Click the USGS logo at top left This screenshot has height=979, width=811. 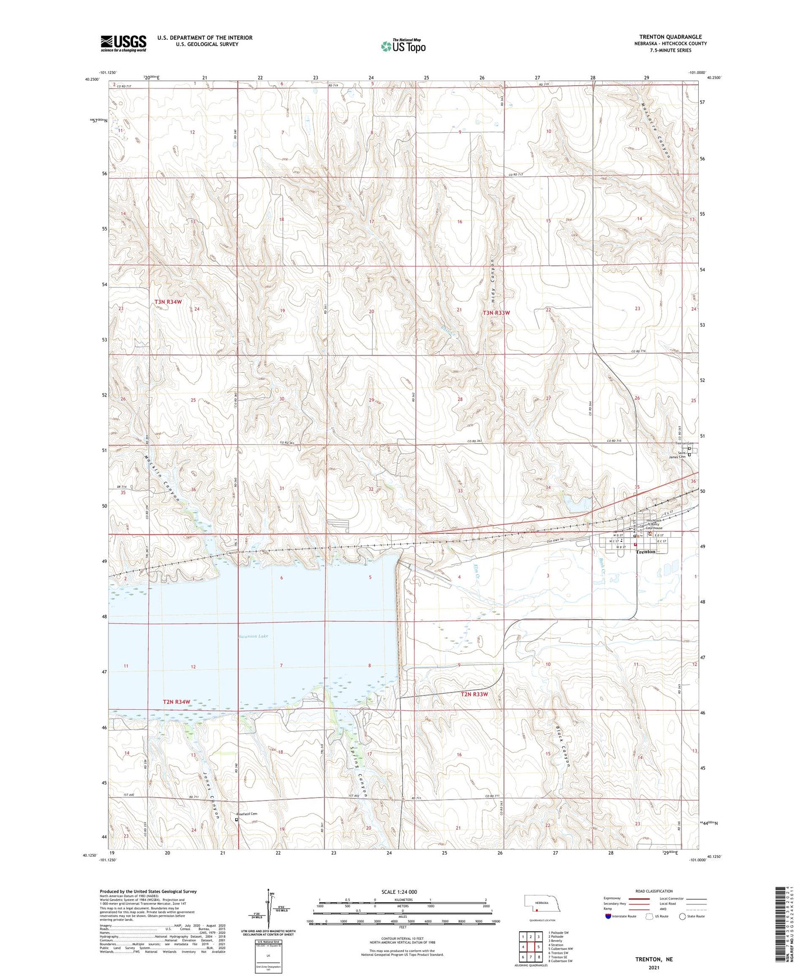[123, 43]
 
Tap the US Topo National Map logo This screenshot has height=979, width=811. [403, 46]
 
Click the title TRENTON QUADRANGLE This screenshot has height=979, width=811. [670, 37]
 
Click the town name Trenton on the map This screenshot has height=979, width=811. [645, 552]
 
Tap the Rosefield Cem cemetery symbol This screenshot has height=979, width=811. [236, 819]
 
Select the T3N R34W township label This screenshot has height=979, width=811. [168, 302]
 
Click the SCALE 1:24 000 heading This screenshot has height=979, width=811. [398, 892]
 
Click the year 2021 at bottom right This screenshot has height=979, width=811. [654, 968]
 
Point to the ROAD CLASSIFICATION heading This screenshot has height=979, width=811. [653, 891]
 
